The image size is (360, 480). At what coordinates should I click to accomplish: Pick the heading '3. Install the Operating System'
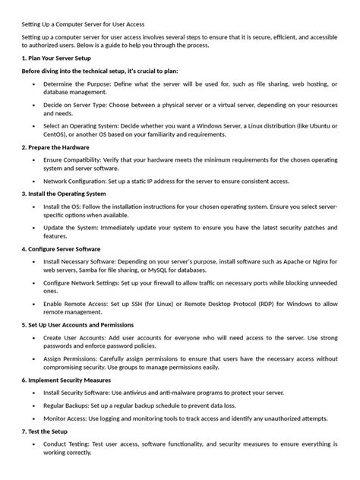point(64,194)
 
